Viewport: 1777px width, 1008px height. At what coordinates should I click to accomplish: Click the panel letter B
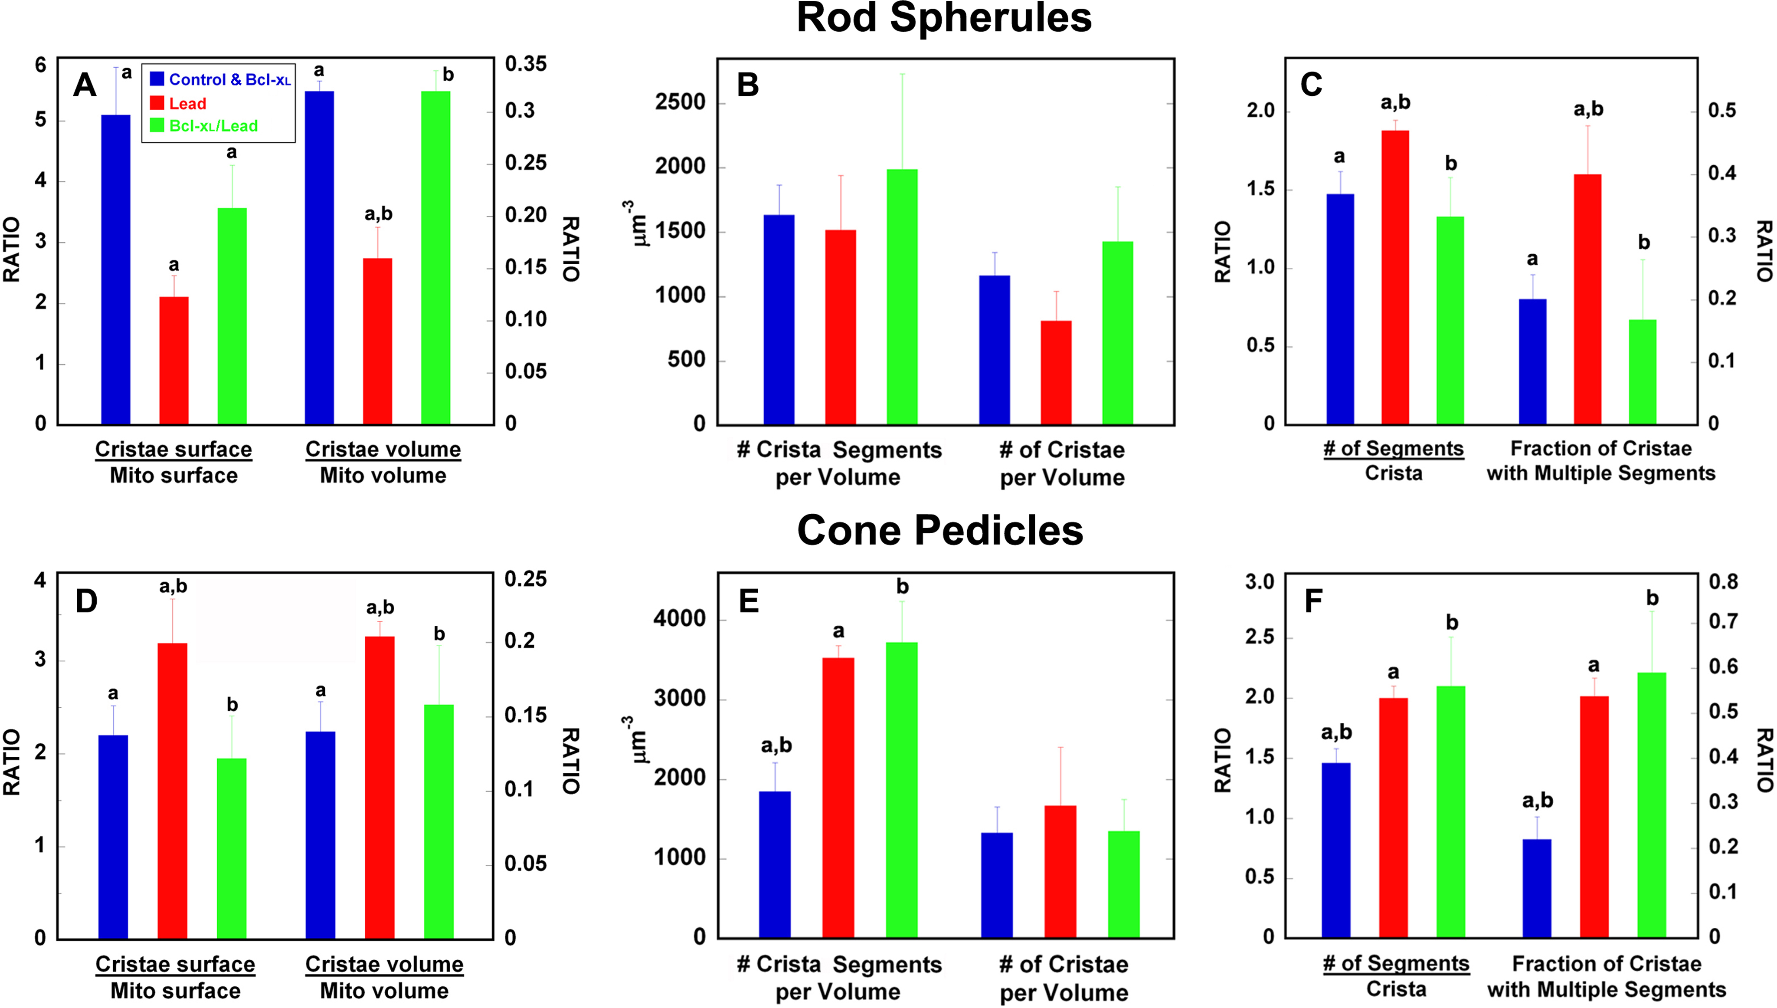coord(747,85)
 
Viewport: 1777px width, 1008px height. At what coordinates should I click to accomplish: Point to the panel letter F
coord(1312,601)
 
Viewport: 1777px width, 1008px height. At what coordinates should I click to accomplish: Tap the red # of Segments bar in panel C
coord(1395,277)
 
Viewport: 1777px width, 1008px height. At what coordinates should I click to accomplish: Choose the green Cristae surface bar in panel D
coord(232,848)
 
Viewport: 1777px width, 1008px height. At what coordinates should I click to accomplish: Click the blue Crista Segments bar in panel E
coord(775,865)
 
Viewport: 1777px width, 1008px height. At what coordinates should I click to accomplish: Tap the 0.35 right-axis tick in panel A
coord(526,64)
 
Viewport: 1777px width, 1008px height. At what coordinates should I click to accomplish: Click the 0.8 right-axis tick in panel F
coord(1724,581)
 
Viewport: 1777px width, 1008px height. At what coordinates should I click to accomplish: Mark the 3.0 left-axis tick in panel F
coord(1260,581)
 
